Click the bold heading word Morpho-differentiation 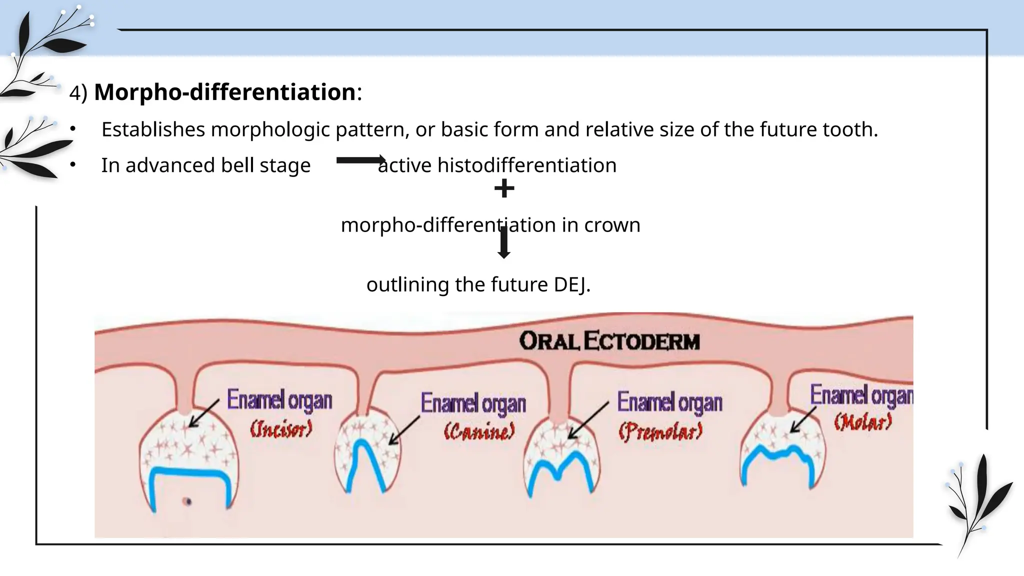pyautogui.click(x=224, y=92)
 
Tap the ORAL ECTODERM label pyautogui.click(x=609, y=341)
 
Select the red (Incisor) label pyautogui.click(x=281, y=429)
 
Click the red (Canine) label pyautogui.click(x=479, y=431)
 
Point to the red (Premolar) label pyautogui.click(x=660, y=431)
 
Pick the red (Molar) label pyautogui.click(x=862, y=422)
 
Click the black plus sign pyautogui.click(x=504, y=189)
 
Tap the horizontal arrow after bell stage pyautogui.click(x=360, y=160)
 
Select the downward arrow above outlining pyautogui.click(x=504, y=243)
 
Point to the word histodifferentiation pyautogui.click(x=527, y=165)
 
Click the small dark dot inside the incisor pyautogui.click(x=187, y=501)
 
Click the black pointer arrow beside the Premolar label pyautogui.click(x=588, y=420)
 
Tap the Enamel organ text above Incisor pyautogui.click(x=279, y=400)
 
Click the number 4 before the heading pyautogui.click(x=75, y=93)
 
